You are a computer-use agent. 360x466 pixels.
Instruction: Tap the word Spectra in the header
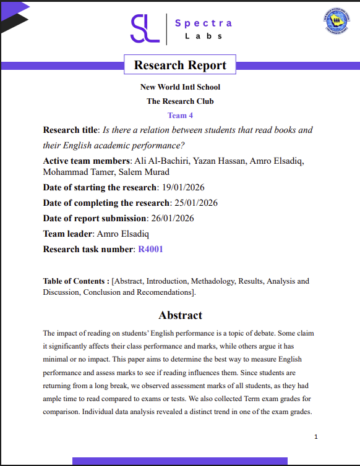tap(204, 23)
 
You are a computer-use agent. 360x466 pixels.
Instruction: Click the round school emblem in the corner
tap(336, 22)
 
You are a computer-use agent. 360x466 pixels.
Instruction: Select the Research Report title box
tap(180, 65)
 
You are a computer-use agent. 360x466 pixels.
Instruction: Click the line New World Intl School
tap(180, 87)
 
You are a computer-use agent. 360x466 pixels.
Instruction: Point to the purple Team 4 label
tap(180, 116)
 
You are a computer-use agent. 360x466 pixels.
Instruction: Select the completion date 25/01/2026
tap(194, 203)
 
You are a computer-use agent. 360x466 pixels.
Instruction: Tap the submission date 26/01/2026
tap(171, 218)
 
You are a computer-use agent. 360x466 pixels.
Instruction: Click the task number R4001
tap(150, 249)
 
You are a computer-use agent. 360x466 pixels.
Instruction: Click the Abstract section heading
tap(180, 315)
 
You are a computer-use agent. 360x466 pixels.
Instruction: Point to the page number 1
tap(315, 437)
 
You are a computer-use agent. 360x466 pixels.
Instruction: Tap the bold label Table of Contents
tap(75, 281)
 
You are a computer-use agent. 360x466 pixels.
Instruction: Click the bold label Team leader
tap(67, 234)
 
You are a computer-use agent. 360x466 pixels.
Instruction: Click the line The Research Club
tap(180, 101)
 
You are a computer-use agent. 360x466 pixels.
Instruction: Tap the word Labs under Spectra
tap(204, 36)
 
